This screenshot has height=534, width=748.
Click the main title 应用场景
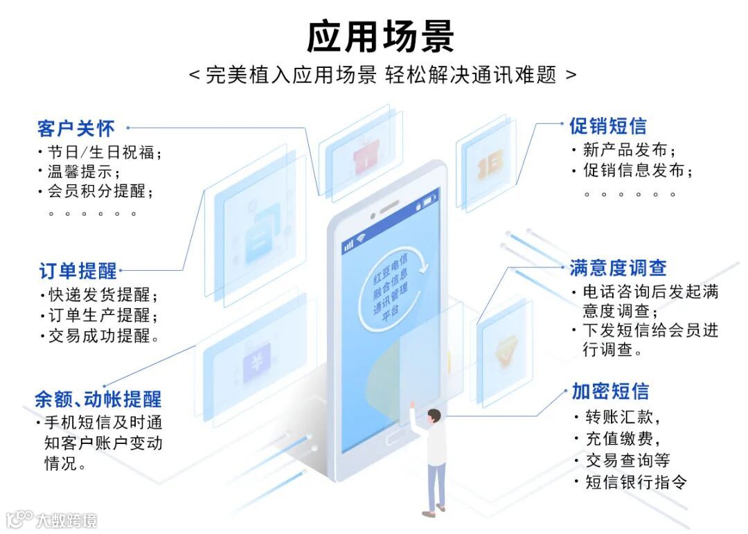380,37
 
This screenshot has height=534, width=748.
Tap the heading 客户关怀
76,129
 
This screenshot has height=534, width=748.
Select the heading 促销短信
607,126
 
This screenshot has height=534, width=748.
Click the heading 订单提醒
78,270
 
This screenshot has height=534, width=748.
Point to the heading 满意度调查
618,268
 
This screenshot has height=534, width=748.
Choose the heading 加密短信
610,391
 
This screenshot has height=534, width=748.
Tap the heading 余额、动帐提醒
98,399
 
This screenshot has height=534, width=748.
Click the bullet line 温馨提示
82,171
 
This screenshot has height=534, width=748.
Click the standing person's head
434,416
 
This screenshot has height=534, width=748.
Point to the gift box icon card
363,159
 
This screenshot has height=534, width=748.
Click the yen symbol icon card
257,362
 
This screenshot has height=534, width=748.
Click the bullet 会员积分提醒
100,191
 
